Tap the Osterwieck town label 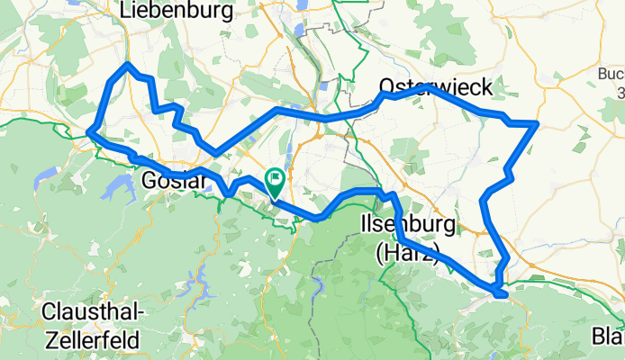coord(435,86)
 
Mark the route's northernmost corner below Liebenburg coord(128,65)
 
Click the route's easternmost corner coord(537,122)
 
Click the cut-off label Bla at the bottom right coord(607,337)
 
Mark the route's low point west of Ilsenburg coord(318,217)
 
